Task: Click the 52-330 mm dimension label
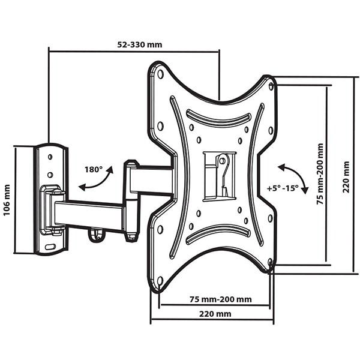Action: point(140,44)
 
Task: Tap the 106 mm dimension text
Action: point(7,200)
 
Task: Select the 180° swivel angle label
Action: point(94,169)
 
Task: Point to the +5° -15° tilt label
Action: point(283,188)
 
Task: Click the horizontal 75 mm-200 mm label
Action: point(221,299)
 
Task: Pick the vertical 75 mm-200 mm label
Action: point(320,174)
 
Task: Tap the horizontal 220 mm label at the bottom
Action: point(215,314)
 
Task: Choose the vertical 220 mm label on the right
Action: point(346,177)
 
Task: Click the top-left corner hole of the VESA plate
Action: point(160,74)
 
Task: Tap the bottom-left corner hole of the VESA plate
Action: point(160,281)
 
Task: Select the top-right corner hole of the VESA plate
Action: point(271,86)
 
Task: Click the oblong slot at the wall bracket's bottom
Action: point(50,247)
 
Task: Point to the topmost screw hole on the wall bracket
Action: point(50,157)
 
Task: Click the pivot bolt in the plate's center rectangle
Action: point(222,160)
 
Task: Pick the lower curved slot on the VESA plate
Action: point(218,234)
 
